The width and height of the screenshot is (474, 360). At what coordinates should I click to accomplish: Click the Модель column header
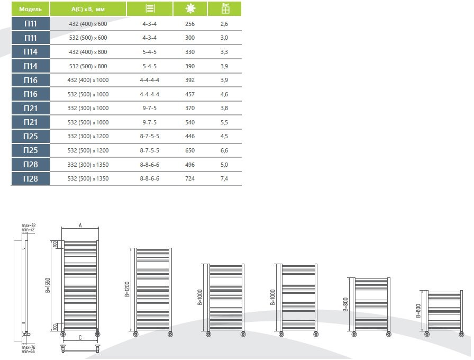coord(31,9)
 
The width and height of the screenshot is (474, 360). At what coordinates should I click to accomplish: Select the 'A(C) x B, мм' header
coord(88,9)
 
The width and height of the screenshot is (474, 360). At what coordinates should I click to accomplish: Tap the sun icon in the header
coord(190,9)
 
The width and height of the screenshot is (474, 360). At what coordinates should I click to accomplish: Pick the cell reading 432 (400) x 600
coord(88,23)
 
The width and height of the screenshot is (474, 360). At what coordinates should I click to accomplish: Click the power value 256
coord(190,23)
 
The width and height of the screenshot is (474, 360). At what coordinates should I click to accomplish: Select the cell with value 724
coord(190,178)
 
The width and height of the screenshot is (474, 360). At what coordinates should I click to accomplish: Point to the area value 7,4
coord(224,178)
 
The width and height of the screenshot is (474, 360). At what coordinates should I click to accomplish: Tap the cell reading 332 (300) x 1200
coord(88,136)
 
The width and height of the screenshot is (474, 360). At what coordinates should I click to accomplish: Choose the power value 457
coord(190,94)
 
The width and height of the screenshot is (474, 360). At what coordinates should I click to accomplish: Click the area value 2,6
coord(224,23)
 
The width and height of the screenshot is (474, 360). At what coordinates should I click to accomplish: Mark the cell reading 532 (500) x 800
coord(88,66)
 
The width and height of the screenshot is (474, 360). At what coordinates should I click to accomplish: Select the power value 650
coord(190,150)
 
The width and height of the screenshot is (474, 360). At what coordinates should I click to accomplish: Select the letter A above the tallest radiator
coord(80,225)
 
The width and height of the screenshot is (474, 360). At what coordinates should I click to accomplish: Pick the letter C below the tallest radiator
coord(80,337)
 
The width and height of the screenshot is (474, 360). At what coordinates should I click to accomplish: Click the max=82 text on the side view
coord(29,226)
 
